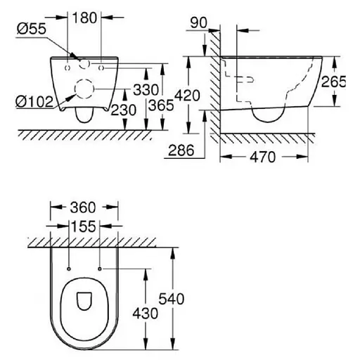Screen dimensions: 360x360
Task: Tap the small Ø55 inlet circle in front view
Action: pyautogui.click(x=85, y=65)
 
